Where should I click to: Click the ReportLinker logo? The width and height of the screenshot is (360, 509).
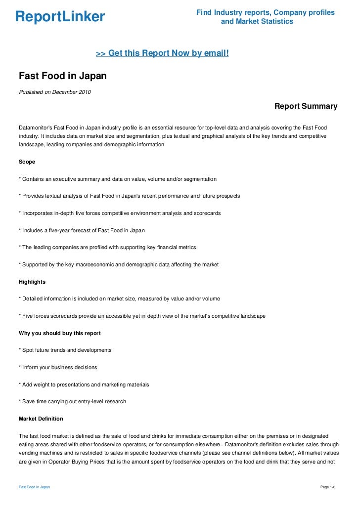pyautogui.click(x=60, y=17)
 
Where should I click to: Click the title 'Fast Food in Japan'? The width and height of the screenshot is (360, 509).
pyautogui.click(x=62, y=77)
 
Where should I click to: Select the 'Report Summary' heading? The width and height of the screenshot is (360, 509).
pyautogui.click(x=306, y=106)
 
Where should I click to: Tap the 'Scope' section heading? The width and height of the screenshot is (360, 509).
pyautogui.click(x=28, y=162)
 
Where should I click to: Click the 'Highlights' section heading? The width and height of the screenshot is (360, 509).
pyautogui.click(x=32, y=282)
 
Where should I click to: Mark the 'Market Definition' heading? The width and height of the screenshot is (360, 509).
pyautogui.click(x=41, y=419)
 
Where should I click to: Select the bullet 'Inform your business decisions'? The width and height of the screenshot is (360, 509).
pyautogui.click(x=57, y=367)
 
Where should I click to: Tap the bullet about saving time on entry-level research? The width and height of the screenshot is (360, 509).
pyautogui.click(x=72, y=401)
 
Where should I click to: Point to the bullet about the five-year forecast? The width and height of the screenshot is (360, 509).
pyautogui.click(x=82, y=230)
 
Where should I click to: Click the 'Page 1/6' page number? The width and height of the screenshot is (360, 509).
pyautogui.click(x=328, y=487)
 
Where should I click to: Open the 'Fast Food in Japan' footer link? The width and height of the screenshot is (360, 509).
pyautogui.click(x=34, y=487)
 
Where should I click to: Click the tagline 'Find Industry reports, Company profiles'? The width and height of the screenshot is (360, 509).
pyautogui.click(x=266, y=12)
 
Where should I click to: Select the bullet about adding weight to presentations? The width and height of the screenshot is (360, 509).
pyautogui.click(x=84, y=384)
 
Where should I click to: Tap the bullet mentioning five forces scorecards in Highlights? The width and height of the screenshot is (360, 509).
pyautogui.click(x=142, y=316)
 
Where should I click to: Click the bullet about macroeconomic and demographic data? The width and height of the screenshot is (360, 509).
pyautogui.click(x=119, y=264)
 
